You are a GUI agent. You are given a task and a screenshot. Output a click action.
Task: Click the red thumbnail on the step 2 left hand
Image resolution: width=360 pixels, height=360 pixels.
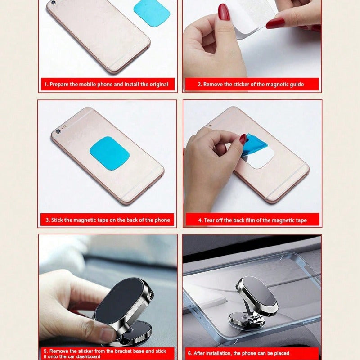(224, 12)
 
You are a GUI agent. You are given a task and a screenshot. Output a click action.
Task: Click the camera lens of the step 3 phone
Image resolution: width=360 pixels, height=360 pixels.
(57, 131)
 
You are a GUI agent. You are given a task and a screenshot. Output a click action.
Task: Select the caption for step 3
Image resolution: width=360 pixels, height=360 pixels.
(108, 220)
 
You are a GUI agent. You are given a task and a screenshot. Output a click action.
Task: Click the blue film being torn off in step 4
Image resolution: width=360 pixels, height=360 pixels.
(255, 144)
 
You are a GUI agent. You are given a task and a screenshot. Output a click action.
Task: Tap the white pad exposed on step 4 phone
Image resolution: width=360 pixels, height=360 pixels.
(259, 159)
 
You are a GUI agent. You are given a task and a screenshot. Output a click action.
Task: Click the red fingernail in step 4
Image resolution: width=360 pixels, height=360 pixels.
(243, 139)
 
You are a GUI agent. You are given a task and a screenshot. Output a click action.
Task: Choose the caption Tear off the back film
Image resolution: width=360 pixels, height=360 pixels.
(253, 220)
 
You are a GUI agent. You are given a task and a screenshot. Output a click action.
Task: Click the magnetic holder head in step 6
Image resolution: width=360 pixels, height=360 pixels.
(258, 295)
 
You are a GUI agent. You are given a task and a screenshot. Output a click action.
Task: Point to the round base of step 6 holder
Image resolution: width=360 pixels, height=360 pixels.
(245, 320)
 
